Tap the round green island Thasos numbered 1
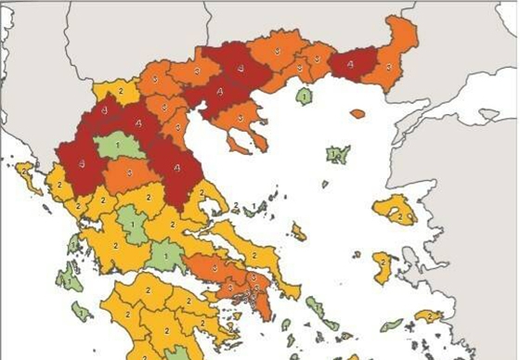point(303,95)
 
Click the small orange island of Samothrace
point(357,114)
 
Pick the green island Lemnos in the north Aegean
point(336,154)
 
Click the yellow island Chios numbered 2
point(382,267)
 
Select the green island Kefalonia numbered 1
point(67,276)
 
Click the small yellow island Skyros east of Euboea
point(298,230)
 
